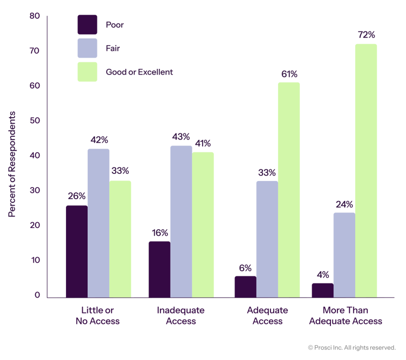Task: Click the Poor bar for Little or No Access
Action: point(77,251)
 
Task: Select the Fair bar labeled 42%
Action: point(98,223)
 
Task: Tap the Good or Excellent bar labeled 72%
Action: point(366,170)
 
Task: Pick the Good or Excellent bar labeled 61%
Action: point(289,190)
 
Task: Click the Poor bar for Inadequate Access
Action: point(159,269)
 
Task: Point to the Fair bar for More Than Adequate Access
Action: point(344,255)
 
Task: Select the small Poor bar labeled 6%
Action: point(246,286)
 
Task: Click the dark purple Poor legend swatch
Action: point(87,24)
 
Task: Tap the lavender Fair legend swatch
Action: point(87,48)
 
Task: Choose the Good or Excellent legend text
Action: point(139,72)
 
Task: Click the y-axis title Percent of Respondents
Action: point(12,163)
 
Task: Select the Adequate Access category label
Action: point(267,315)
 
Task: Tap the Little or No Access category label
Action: point(97,315)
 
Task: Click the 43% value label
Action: point(181,137)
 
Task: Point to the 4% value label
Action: point(322,275)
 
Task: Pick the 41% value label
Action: point(203,143)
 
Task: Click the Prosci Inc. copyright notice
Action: point(351,347)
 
